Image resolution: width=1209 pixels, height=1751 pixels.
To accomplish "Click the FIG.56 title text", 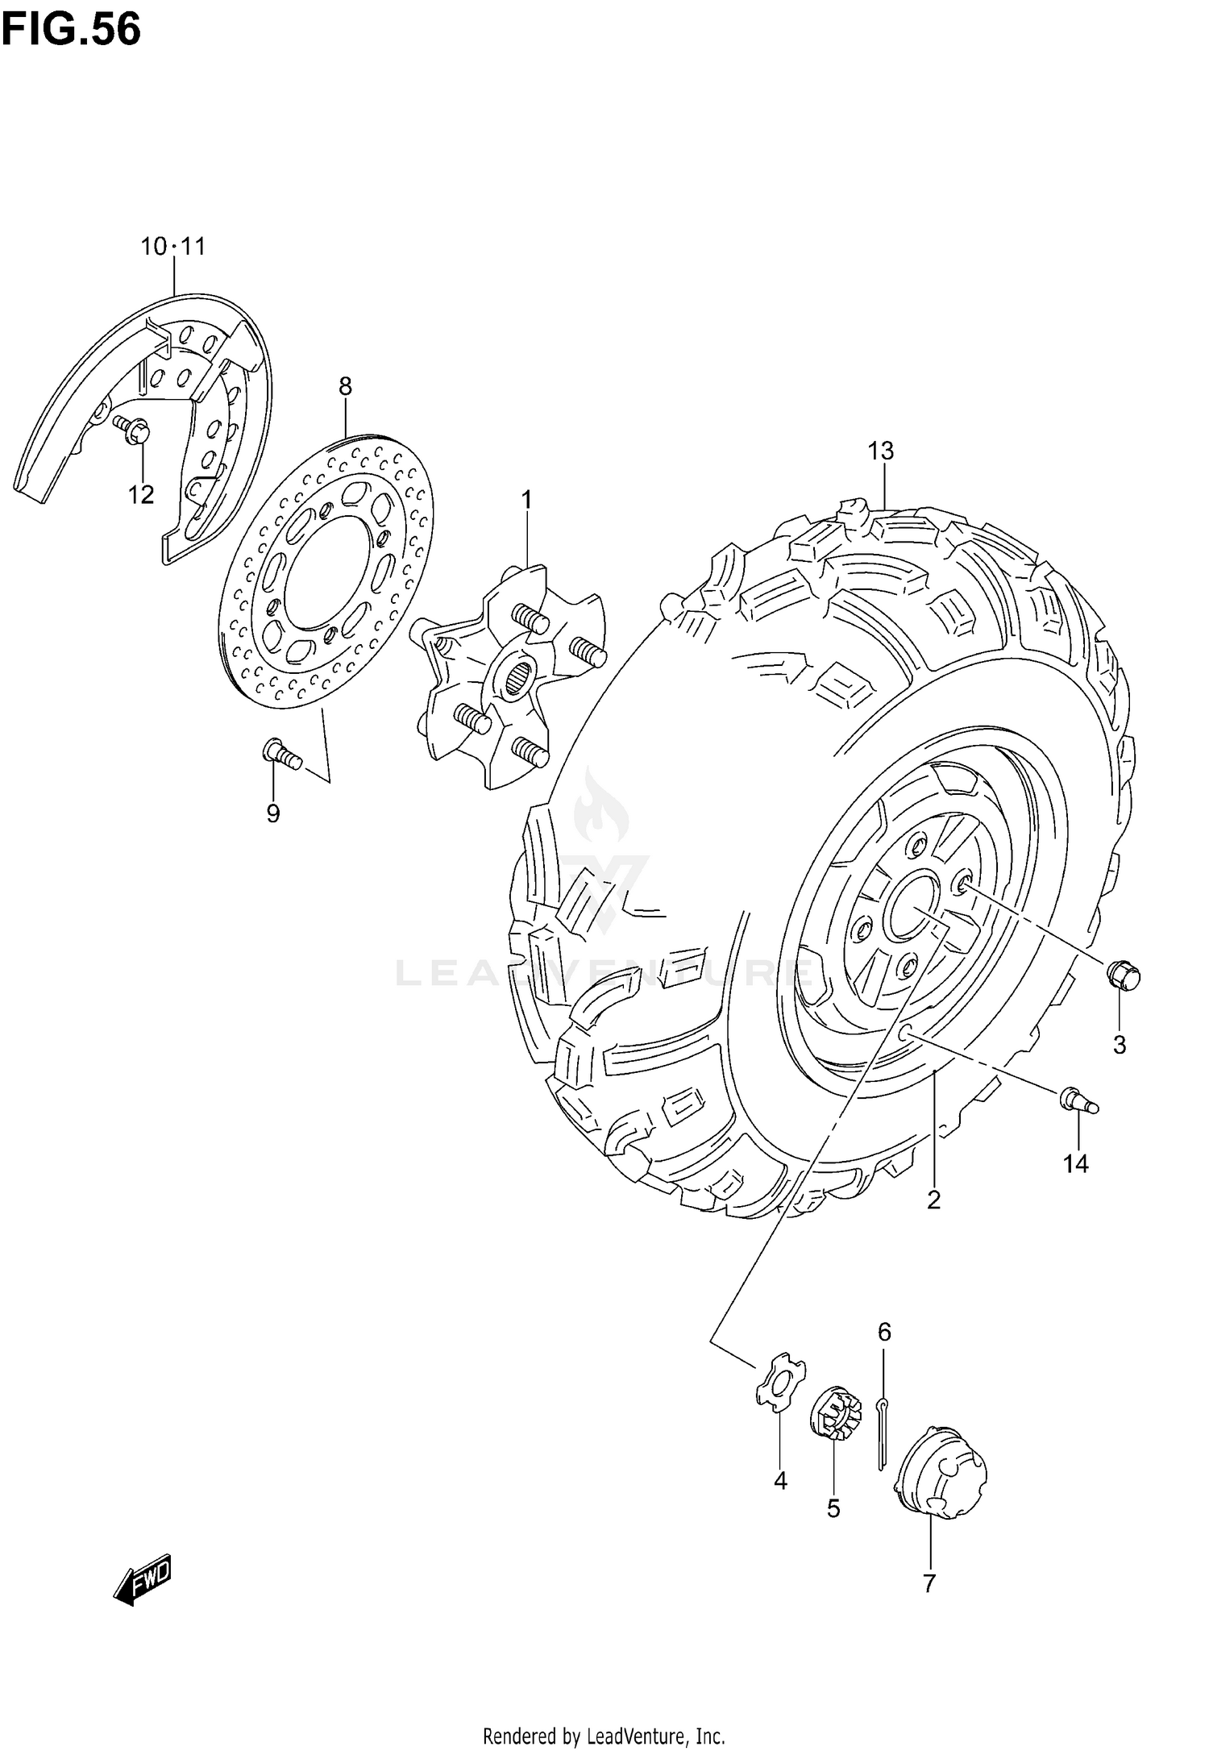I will pyautogui.click(x=71, y=30).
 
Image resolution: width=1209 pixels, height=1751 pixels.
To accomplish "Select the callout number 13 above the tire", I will pyautogui.click(x=882, y=451).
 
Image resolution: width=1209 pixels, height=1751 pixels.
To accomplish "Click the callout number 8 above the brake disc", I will pyautogui.click(x=345, y=386).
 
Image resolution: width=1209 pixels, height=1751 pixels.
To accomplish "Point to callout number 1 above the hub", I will pyautogui.click(x=526, y=501).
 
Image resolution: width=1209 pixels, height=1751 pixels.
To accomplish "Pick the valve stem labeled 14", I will pyautogui.click(x=1078, y=1099).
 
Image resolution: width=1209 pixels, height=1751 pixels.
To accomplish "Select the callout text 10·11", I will pyautogui.click(x=173, y=247).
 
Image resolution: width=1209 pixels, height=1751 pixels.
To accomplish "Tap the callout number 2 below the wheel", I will pyautogui.click(x=933, y=1223).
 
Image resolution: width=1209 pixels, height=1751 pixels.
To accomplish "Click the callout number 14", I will pyautogui.click(x=1075, y=1163).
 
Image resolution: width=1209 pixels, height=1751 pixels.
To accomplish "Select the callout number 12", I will pyautogui.click(x=142, y=494).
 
